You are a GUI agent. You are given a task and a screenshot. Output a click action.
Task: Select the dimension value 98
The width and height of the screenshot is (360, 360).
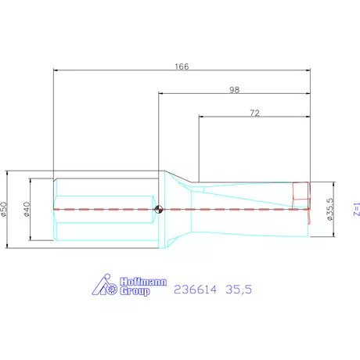pyautogui.click(x=234, y=89)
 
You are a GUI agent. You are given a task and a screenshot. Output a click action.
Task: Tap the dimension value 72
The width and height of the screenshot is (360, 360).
pyautogui.click(x=254, y=113)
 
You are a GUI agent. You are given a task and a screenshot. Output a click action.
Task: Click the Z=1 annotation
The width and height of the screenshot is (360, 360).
pyautogui.click(x=356, y=208)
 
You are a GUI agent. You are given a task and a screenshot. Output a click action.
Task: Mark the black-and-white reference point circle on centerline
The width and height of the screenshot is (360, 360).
pyautogui.click(x=159, y=209)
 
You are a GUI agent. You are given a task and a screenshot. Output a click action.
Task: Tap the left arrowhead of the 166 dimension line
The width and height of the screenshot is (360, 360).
pyautogui.click(x=55, y=70)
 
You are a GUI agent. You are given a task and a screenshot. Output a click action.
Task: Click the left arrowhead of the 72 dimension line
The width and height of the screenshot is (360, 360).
pyautogui.click(x=200, y=118)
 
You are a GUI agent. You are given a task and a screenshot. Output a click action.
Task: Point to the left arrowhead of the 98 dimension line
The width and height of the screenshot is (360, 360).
pyautogui.click(x=160, y=95)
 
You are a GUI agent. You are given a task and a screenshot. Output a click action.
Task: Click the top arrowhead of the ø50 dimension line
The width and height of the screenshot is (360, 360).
pyautogui.click(x=8, y=173)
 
